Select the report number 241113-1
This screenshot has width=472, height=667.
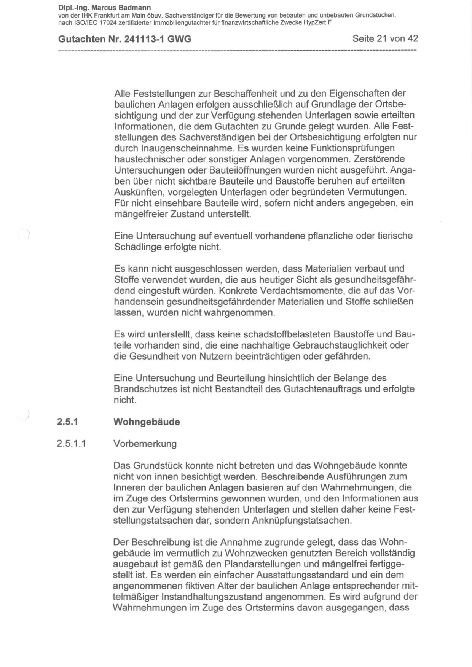142,39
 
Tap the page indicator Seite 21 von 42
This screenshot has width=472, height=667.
385,38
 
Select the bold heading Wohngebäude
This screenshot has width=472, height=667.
147,422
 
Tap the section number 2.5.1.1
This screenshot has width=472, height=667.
71,444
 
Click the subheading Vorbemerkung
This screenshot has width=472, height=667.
145,444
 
